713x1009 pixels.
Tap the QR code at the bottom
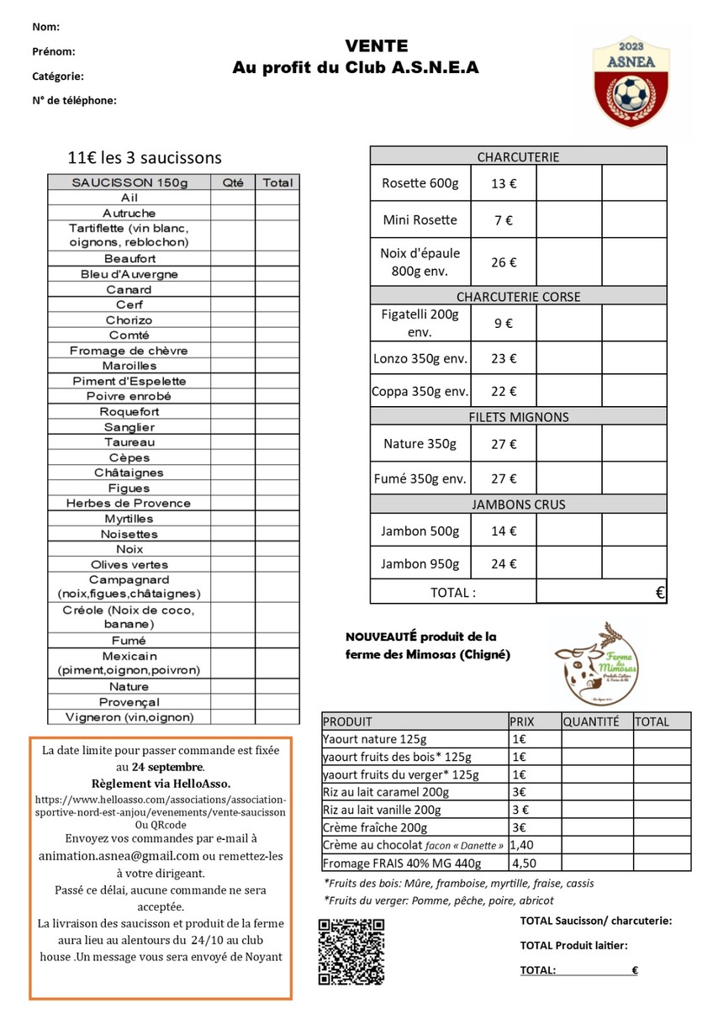pos(351,951)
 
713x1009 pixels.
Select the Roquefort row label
pos(129,412)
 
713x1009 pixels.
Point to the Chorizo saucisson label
pos(129,320)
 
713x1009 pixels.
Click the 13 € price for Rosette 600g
pos(503,183)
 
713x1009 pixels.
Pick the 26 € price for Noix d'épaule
pos(503,262)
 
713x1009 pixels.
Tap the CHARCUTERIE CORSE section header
pos(518,297)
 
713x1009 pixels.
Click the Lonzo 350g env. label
pos(420,358)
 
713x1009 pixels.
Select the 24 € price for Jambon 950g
pos(503,564)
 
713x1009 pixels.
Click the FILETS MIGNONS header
pos(518,417)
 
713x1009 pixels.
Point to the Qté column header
pos(233,182)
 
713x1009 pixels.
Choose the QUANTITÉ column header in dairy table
pos(591,721)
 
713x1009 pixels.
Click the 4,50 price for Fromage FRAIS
pos(524,863)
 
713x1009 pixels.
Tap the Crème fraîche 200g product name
pos(374,827)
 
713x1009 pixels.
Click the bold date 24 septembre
pos(166,767)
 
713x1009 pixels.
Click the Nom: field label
pos(45,27)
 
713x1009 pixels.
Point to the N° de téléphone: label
pos(74,100)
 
